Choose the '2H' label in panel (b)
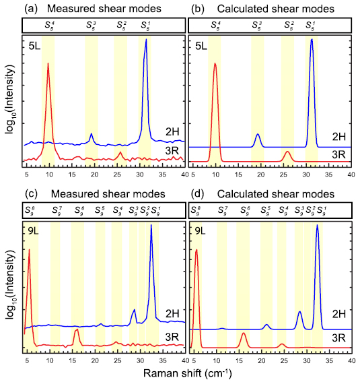click(x=338, y=137)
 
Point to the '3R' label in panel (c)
click(x=172, y=336)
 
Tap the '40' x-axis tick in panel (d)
click(x=351, y=359)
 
